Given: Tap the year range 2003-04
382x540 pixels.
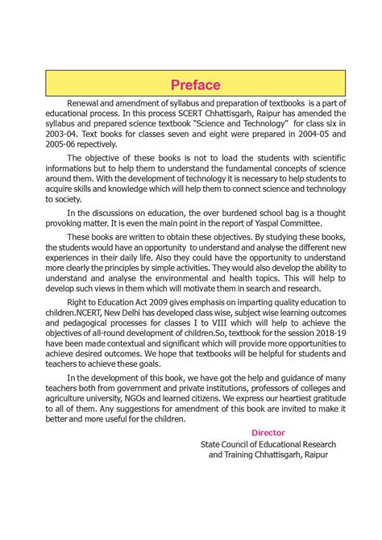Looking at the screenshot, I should (x=62, y=134).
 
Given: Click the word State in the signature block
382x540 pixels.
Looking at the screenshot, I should (x=213, y=444).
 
